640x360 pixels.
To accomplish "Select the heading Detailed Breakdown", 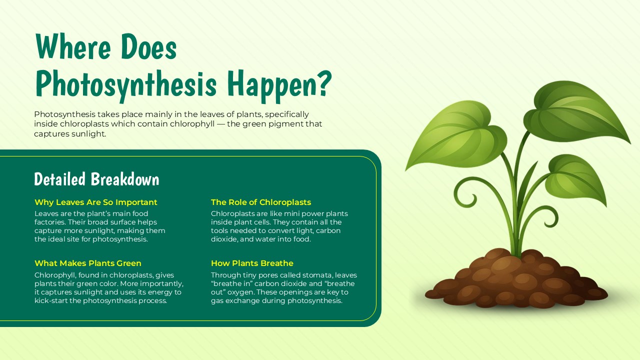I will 96,179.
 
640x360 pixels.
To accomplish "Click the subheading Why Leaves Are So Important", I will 96,202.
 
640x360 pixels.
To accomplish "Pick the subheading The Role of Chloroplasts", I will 261,202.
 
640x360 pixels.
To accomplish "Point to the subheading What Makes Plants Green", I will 88,263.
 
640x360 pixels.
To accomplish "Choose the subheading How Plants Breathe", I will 252,263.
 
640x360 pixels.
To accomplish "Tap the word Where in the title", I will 73,47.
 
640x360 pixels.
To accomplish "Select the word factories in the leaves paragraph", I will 50,222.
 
